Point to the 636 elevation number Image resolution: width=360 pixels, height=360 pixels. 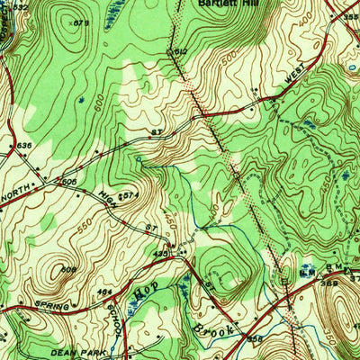click(23, 146)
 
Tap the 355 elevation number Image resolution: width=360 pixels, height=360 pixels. click(353, 16)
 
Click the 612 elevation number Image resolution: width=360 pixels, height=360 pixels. click(181, 51)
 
